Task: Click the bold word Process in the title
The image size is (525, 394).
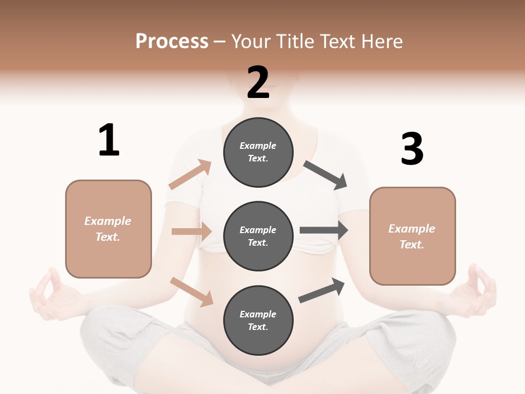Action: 172,42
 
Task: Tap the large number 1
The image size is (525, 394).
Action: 109,140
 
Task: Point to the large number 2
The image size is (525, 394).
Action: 258,83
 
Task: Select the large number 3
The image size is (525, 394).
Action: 412,149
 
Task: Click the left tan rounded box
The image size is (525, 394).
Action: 108,229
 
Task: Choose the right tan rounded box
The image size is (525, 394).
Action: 412,236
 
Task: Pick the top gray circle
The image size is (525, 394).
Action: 258,152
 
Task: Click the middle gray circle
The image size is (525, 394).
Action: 258,236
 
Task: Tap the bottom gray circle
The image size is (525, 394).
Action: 258,320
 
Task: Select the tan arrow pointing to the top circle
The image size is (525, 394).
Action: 190,175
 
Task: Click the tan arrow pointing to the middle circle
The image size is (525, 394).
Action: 191,231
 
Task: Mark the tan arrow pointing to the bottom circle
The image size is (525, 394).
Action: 191,292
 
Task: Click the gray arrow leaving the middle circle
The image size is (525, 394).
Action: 324,230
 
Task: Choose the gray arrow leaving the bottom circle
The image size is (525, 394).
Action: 322,291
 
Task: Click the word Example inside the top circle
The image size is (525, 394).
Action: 258,146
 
